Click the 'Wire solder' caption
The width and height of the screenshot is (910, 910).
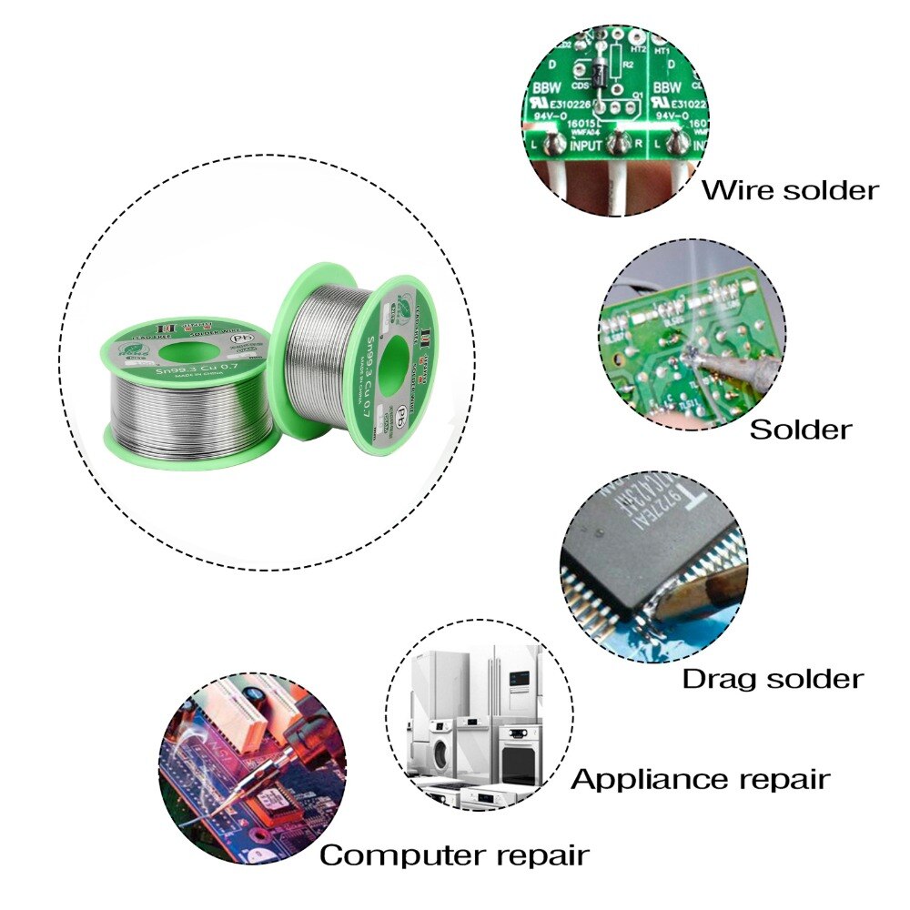click(790, 190)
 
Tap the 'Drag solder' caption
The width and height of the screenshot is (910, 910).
click(772, 678)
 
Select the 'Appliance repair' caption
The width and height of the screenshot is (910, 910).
click(700, 779)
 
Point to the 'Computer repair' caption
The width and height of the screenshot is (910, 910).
click(454, 855)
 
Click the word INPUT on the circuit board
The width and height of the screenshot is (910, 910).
click(585, 146)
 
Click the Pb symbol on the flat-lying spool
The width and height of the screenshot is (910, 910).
click(241, 339)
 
